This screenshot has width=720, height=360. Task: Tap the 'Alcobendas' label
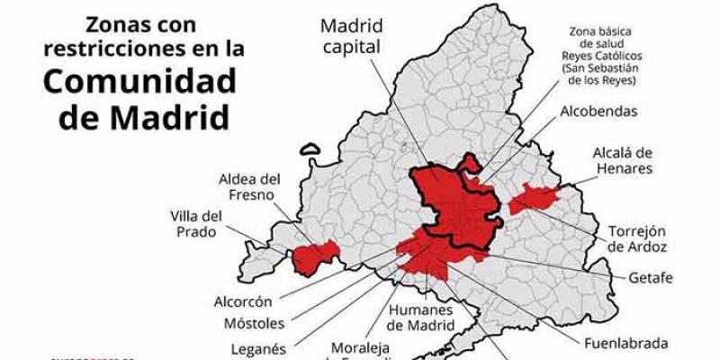(x=599, y=112)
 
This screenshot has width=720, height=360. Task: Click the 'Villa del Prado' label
(x=196, y=224)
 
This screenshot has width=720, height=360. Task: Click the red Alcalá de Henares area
(x=534, y=197)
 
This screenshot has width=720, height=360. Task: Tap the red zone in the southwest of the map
(x=314, y=257)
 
